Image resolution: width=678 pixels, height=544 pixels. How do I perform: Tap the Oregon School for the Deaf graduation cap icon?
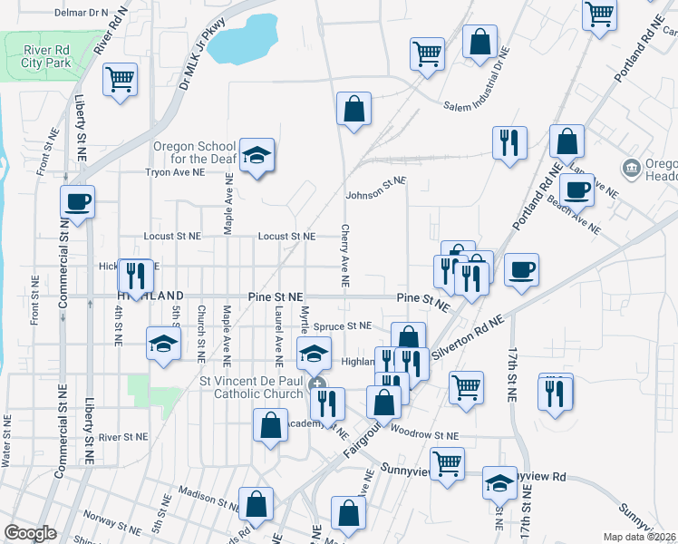(x=257, y=155)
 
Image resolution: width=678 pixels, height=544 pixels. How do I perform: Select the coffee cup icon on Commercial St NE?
(x=77, y=201)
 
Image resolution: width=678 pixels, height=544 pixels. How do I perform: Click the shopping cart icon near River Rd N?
(x=120, y=80)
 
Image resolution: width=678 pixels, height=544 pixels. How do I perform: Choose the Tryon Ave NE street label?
(x=172, y=170)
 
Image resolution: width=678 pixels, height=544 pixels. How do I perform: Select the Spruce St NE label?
(x=344, y=325)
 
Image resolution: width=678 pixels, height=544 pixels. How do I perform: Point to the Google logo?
(x=30, y=533)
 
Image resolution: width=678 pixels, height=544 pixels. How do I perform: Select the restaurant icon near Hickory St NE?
(x=135, y=277)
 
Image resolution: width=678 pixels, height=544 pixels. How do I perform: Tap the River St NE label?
(x=122, y=436)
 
